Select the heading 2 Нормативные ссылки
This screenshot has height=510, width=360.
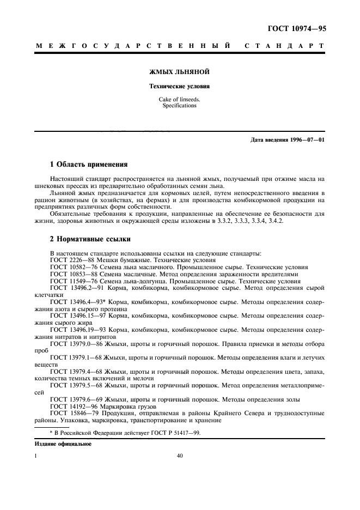89,239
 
